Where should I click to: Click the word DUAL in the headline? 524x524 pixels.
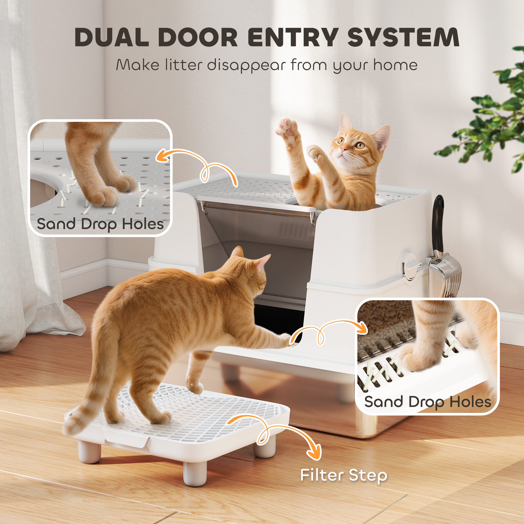[x=111, y=37]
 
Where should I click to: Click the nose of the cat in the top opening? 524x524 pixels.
[x=344, y=149]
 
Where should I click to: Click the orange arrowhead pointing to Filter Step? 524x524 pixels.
[x=315, y=452]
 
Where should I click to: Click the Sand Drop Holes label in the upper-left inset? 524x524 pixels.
[x=100, y=224]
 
